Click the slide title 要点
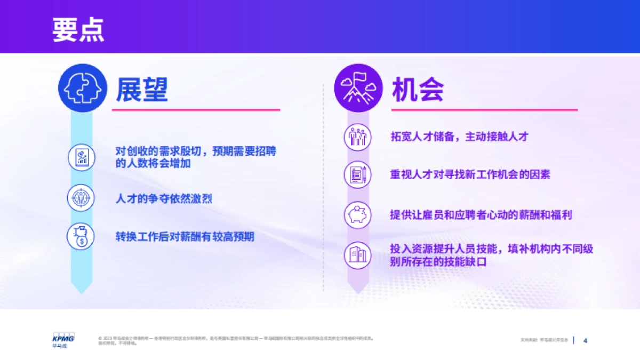78,29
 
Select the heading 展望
142,90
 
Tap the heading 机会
418,90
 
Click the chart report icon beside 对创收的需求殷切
81,157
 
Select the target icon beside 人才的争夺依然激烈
81,197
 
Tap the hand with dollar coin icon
81,236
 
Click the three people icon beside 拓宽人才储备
357,137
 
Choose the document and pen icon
357,174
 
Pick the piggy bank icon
357,214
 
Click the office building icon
357,255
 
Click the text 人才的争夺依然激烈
164,198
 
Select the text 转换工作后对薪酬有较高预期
185,236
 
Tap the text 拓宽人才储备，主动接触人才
459,137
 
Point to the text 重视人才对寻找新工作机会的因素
470,174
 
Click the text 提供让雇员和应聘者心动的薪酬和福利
481,215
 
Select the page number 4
585,340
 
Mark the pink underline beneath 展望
196,110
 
